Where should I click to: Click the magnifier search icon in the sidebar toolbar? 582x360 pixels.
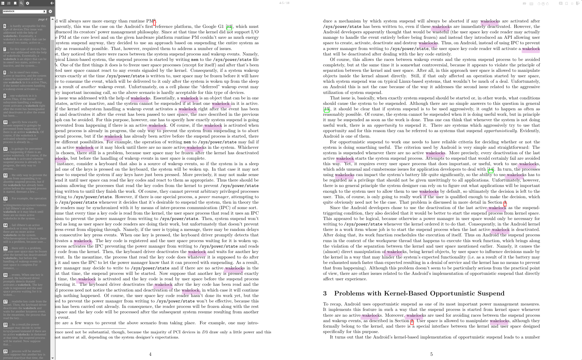[x=21, y=3]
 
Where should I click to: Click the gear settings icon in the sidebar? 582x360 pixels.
[x=28, y=3]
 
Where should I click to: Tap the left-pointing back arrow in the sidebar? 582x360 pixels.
[x=52, y=3]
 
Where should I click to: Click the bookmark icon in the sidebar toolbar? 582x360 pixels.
[x=15, y=3]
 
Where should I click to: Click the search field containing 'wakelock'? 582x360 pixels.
[x=23, y=12]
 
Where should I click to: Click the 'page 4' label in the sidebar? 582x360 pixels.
[x=43, y=19]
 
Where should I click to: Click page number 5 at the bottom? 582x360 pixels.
[x=431, y=354]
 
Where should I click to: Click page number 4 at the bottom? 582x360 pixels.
[x=150, y=354]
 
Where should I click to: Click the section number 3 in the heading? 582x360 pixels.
[x=325, y=293]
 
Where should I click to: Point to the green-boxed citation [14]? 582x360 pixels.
[x=490, y=170]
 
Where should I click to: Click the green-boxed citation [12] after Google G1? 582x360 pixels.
[x=229, y=27]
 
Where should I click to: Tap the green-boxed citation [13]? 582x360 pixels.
[x=326, y=109]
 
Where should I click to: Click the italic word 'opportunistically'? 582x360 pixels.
[x=500, y=131]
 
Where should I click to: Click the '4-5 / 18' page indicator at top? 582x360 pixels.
[x=284, y=3]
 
